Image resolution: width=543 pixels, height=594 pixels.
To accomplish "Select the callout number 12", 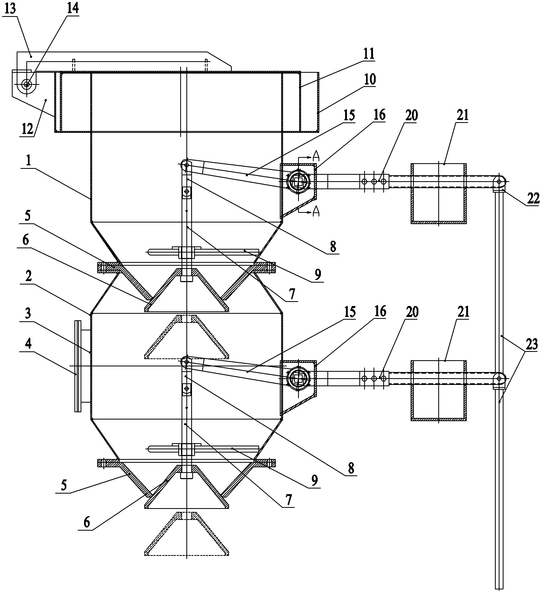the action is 28,129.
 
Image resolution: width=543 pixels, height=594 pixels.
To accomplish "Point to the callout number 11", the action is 368,54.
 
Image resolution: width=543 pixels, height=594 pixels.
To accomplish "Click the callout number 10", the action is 370,79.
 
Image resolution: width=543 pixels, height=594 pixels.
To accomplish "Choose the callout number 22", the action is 533,198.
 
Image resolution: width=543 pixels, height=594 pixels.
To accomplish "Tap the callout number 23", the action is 531,344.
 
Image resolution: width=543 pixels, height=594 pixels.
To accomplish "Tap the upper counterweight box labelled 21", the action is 439,194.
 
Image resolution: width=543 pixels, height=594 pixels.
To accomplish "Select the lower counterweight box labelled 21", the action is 439,390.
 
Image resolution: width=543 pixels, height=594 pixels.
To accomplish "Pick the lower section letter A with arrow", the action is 313,211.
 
